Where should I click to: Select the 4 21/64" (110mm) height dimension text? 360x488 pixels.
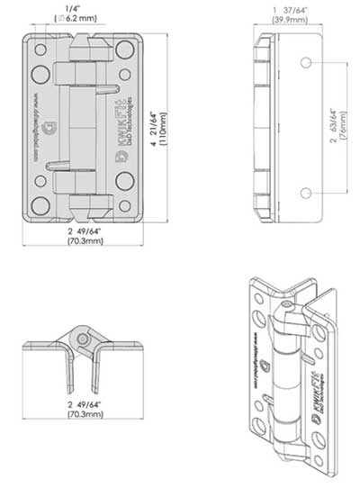[x=166, y=129]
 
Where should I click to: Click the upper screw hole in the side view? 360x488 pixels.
[x=307, y=62]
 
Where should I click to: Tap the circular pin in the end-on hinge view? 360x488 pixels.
[x=84, y=338]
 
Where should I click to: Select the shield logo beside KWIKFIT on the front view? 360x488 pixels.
[x=121, y=155]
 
